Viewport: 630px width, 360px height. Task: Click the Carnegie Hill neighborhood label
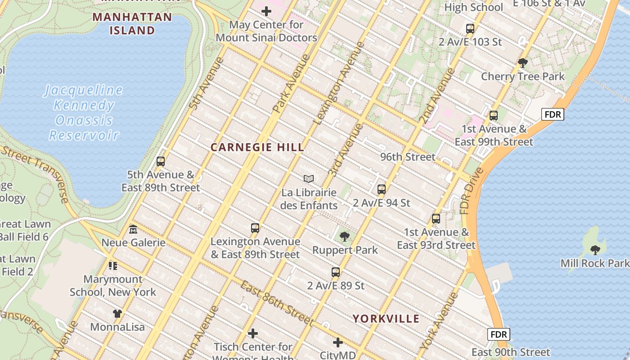tap(257, 148)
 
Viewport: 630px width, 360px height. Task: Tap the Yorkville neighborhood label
tap(386, 319)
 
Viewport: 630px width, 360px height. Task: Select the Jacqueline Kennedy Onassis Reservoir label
tap(84, 112)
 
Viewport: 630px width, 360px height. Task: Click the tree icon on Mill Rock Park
tap(595, 250)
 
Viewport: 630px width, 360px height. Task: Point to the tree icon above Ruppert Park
tap(345, 236)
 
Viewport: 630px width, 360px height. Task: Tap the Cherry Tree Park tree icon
tap(522, 63)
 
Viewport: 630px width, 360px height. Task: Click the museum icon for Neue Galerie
tap(133, 229)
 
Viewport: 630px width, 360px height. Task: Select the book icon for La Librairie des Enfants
tap(308, 179)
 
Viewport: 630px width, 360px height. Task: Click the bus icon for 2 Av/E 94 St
tap(382, 189)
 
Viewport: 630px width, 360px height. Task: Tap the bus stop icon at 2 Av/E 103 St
tap(470, 29)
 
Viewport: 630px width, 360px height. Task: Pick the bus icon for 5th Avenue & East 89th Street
tap(161, 161)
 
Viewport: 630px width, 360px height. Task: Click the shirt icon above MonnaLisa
tap(117, 313)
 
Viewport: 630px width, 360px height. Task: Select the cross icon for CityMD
tap(338, 342)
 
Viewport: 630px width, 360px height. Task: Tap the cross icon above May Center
tap(266, 11)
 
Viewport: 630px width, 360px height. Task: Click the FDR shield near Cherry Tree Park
tap(552, 114)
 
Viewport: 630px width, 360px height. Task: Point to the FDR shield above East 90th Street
tap(499, 334)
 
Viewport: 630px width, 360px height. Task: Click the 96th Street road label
tap(408, 157)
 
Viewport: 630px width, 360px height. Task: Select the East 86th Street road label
tap(276, 303)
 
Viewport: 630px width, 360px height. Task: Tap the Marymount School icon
tap(113, 266)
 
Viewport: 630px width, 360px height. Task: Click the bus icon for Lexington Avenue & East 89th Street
tap(255, 228)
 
